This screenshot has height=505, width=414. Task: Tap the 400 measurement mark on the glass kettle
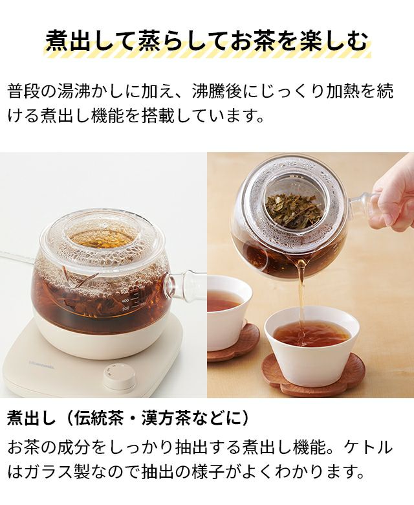(x=125, y=300)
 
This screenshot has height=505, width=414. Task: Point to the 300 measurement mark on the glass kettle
(x=125, y=309)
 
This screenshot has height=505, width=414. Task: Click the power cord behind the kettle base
(x=19, y=256)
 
